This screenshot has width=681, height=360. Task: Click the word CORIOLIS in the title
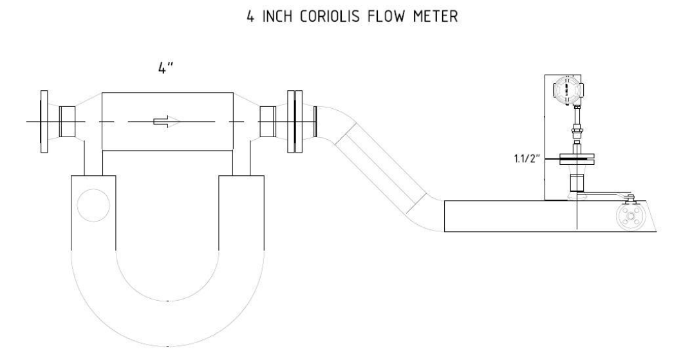330,17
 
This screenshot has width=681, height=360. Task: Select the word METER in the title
436,17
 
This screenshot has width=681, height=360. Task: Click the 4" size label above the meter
165,68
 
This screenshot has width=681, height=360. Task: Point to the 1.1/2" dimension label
527,158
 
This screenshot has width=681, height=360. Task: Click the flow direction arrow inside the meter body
167,122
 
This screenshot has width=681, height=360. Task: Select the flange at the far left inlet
44,122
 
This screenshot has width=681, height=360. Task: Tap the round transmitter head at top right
567,90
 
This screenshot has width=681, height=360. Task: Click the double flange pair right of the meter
295,122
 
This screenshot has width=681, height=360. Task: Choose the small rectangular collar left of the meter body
68,122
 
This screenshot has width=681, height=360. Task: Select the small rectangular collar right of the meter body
268,122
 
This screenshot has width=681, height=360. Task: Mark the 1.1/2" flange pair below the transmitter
577,158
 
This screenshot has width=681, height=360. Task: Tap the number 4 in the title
250,17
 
